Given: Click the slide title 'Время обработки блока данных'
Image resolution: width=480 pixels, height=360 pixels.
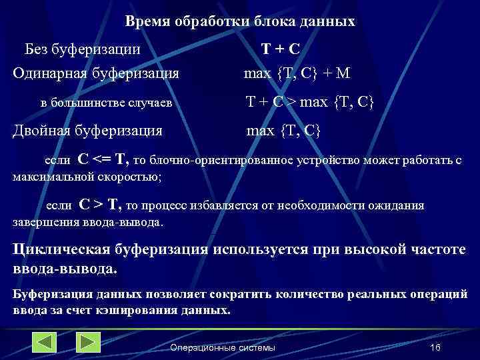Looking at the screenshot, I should click(240, 21).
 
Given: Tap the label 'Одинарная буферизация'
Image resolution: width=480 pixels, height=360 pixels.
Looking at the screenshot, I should click(96, 73).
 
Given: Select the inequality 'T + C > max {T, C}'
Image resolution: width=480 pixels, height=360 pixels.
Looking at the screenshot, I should click(310, 102).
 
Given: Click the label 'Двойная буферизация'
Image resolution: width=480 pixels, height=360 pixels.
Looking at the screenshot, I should click(88, 131).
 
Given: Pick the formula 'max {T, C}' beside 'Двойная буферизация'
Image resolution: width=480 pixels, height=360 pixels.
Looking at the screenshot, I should click(284, 131).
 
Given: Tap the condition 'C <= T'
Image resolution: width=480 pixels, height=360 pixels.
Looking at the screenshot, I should click(103, 159).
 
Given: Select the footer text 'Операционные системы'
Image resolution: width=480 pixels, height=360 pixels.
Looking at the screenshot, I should click(223, 349).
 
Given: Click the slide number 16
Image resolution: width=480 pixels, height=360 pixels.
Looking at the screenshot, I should click(436, 349).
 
